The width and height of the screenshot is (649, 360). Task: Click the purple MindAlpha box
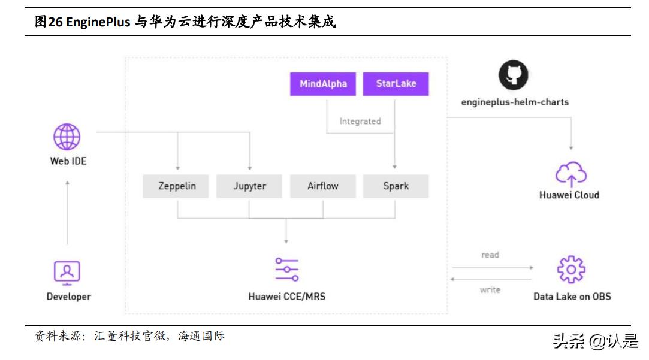point(323,84)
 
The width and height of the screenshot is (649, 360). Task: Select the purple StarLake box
point(396,84)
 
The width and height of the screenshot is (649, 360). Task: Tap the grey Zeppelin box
point(177,186)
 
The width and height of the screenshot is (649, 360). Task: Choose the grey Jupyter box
point(250,186)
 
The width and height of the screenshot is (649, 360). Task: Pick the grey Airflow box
point(323,186)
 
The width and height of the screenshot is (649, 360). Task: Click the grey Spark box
point(396,186)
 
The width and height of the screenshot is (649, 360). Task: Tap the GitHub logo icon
point(514,75)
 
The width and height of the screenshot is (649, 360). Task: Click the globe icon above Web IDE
point(67,137)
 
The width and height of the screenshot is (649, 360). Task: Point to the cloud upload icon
point(570,174)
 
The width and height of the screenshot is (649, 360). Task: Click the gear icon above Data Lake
point(570,270)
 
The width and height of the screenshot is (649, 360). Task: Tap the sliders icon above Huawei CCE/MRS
point(287,270)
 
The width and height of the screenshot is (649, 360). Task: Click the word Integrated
point(360,121)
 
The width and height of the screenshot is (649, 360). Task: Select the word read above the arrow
point(490,255)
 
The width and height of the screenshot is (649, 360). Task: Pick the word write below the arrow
point(490,290)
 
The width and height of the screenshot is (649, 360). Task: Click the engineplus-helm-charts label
point(514,102)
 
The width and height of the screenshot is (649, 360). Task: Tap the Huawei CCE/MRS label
point(287,296)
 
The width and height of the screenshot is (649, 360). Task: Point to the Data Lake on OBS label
point(572,296)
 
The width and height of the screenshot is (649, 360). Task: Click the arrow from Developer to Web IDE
point(67,213)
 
